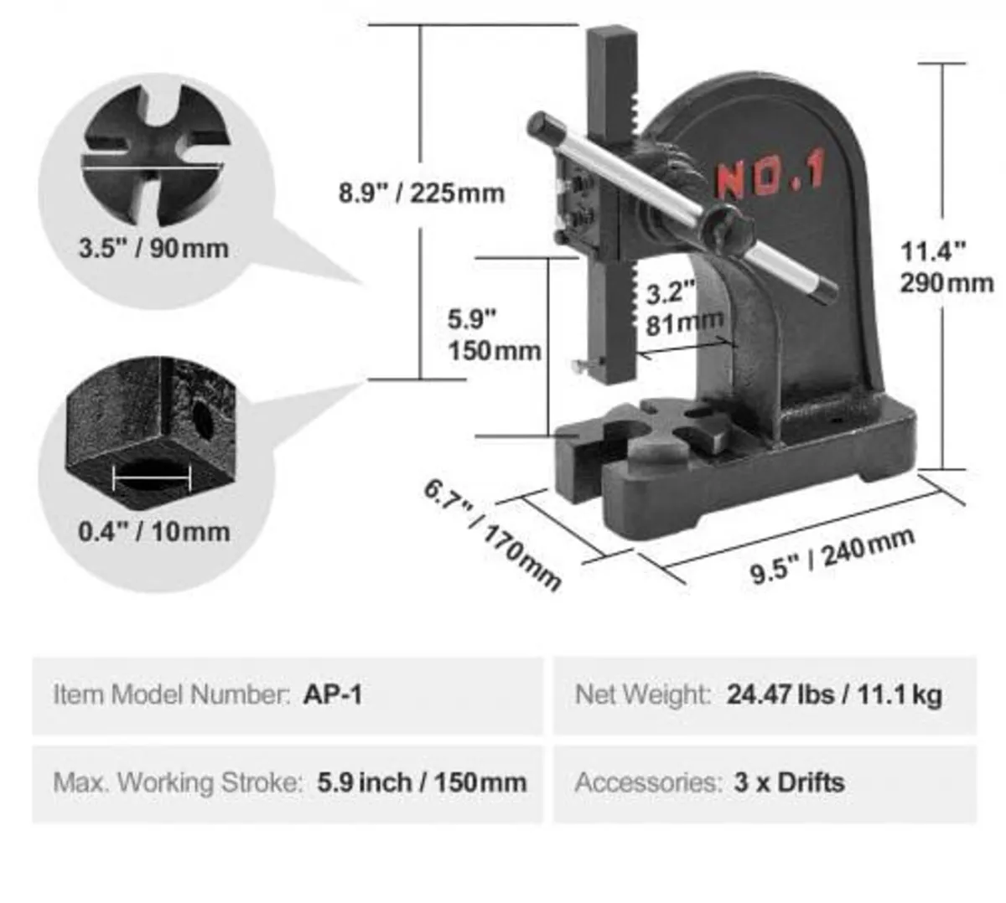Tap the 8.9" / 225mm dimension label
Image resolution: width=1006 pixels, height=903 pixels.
422,193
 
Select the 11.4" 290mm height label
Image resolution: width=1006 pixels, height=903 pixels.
946,266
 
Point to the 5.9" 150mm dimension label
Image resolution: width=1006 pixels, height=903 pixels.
494,334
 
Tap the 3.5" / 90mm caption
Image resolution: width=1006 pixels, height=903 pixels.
153,248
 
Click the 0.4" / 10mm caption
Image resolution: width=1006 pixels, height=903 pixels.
153,531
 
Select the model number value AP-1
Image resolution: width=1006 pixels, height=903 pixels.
333,694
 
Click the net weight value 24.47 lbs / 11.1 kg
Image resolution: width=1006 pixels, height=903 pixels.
834,694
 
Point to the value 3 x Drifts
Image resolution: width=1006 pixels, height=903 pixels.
789,782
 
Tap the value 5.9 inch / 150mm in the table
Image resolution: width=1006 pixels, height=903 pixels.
422,782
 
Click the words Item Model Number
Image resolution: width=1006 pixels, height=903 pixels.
171,694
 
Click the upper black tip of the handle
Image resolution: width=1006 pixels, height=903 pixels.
541,126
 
